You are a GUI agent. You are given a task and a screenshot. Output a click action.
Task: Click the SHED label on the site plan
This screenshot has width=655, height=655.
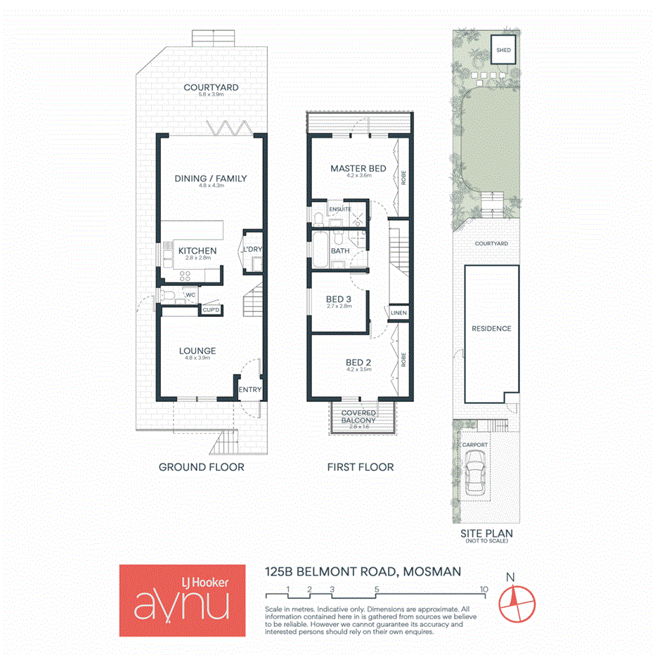[503, 51]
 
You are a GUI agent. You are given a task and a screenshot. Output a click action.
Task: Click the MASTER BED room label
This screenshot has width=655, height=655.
[358, 169]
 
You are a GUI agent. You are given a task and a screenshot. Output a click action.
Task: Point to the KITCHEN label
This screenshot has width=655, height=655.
[197, 251]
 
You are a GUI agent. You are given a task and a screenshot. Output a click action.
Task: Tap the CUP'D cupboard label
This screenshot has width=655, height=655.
[211, 310]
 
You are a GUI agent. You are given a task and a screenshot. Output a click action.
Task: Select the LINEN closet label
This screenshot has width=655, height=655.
[398, 313]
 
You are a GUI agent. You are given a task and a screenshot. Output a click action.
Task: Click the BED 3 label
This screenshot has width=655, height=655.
[339, 299]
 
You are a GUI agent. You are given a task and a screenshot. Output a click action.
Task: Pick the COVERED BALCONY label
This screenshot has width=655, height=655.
[359, 417]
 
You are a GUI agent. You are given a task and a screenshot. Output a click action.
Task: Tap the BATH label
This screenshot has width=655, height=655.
[340, 251]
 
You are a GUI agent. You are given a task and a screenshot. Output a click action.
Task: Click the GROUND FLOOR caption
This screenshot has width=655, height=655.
[201, 467]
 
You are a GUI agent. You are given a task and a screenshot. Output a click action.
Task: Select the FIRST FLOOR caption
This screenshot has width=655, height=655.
[361, 467]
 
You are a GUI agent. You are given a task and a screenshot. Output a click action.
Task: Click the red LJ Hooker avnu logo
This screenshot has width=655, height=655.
[182, 600]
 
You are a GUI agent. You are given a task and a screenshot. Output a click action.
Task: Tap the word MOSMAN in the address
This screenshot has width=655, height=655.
[432, 571]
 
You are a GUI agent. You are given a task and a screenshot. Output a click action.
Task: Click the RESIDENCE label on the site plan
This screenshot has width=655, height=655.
[491, 328]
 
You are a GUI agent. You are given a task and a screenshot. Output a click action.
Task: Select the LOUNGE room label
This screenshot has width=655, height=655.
[197, 351]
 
